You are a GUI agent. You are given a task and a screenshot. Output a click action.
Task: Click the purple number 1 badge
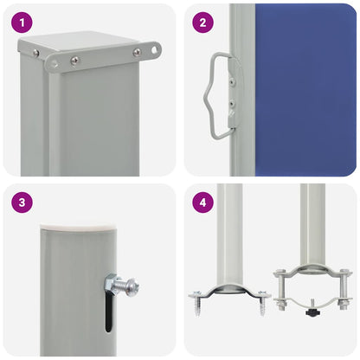(x=22, y=22)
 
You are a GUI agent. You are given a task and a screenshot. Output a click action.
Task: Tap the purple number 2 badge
(x=202, y=22)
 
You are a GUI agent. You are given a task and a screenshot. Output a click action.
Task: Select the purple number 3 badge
(x=22, y=202)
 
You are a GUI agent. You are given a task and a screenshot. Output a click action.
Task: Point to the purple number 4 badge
(x=202, y=202)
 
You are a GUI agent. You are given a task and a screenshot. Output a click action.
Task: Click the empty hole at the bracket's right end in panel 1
(x=156, y=50)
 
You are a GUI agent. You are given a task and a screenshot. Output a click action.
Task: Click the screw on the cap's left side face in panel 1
(x=35, y=52)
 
